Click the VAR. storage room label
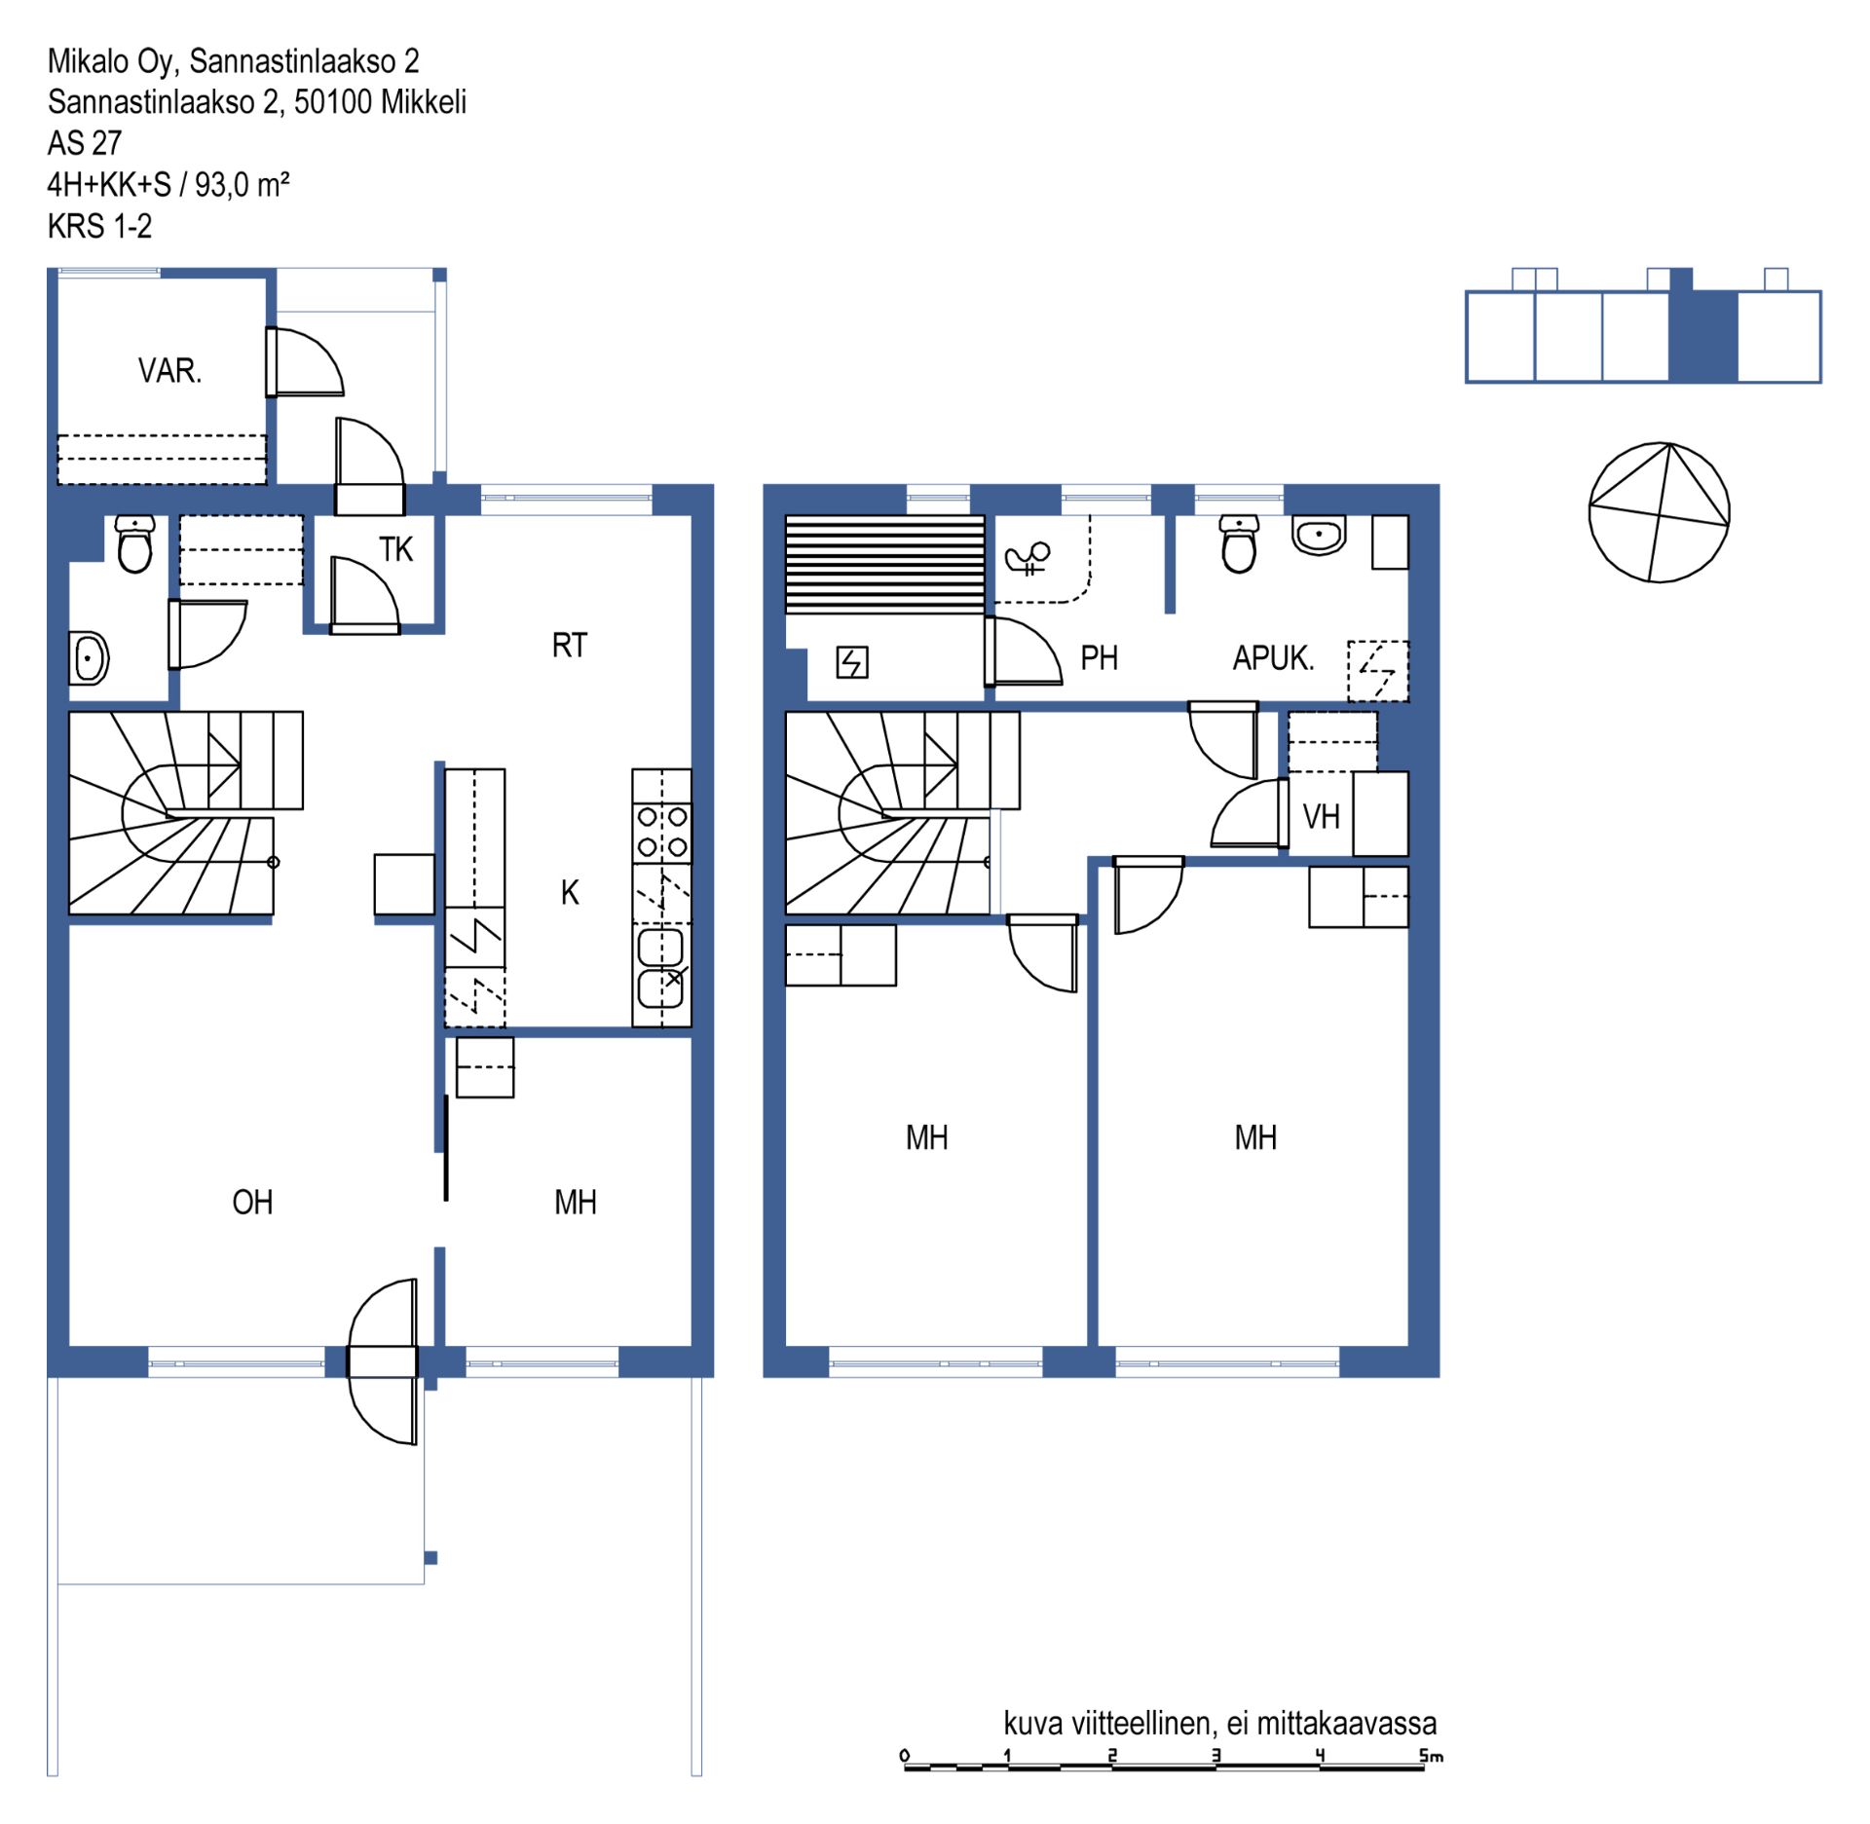[169, 371]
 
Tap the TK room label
[396, 550]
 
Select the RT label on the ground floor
[570, 646]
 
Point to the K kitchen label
[570, 893]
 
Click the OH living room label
[252, 1203]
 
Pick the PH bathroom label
[1100, 658]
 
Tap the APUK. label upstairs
[1273, 658]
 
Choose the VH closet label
[1321, 816]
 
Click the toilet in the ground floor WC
[134, 543]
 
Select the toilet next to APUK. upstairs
[1239, 544]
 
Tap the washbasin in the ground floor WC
[89, 658]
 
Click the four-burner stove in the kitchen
[662, 832]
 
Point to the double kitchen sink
[661, 969]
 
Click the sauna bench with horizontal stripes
[885, 564]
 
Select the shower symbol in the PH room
[1028, 558]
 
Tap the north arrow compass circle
[1659, 512]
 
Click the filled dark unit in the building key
[1703, 335]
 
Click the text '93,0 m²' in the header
[243, 184]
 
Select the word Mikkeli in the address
[424, 101]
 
